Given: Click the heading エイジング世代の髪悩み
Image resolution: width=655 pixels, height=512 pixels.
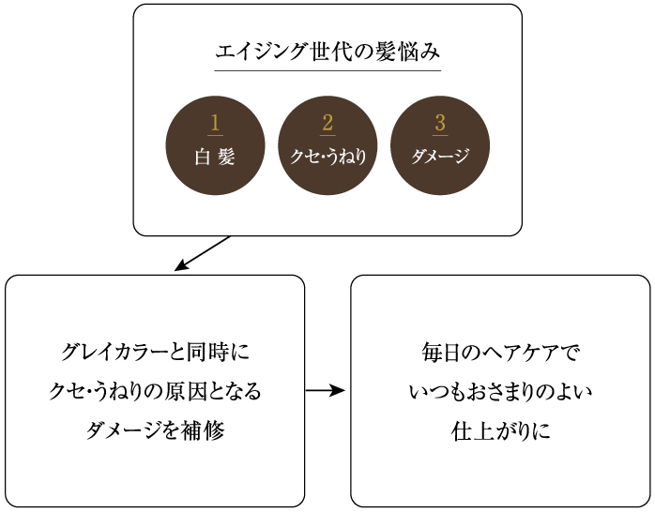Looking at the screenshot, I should click(327, 51).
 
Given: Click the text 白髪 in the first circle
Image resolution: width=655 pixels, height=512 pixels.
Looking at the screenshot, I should click(215, 158).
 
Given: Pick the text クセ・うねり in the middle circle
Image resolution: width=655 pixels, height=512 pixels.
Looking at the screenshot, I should click(327, 158).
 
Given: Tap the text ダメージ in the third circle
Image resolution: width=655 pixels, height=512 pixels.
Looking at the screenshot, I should click(440, 158).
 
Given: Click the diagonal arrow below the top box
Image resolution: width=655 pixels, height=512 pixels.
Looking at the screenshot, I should click(202, 254).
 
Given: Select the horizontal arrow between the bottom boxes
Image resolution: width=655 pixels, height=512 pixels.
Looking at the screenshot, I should click(326, 391).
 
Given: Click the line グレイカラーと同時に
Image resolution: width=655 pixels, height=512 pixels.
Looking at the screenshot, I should click(155, 354).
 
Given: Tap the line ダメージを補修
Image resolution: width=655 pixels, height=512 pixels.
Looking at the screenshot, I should click(155, 430).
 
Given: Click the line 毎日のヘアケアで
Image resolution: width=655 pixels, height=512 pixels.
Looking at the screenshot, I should click(500, 354).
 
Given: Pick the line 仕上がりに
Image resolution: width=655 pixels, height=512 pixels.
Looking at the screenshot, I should click(500, 430).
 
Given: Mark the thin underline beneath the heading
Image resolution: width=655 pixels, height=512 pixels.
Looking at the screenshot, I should click(327, 71).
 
